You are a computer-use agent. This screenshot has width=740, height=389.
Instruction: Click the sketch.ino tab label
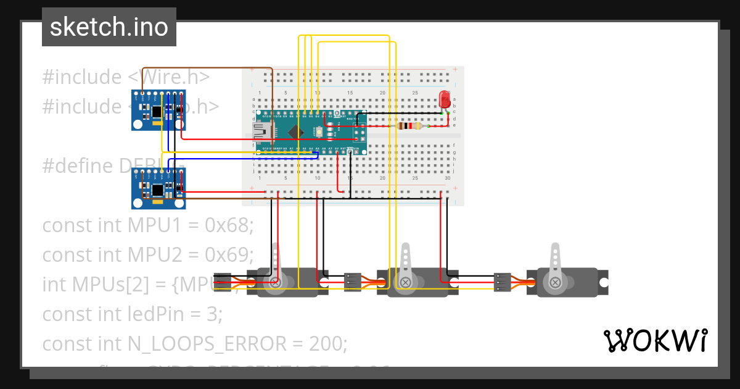coord(109,27)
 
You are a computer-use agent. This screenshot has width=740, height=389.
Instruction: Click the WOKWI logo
coord(654,340)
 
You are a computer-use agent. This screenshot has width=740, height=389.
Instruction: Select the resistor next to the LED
coord(410,126)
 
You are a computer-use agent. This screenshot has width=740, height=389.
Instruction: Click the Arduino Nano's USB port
coord(259,132)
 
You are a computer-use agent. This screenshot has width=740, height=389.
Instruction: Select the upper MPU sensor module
coord(158,110)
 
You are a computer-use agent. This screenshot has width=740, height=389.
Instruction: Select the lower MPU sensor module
coord(158,188)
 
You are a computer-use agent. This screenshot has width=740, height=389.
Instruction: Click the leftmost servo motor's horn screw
coord(276,283)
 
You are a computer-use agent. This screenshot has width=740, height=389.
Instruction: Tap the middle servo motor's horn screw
coord(405,283)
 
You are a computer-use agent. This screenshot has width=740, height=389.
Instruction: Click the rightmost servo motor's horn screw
coord(556,283)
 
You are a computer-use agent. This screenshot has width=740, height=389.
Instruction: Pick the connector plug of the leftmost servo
coord(222,282)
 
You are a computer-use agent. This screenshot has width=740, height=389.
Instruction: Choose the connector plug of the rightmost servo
coord(503,282)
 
